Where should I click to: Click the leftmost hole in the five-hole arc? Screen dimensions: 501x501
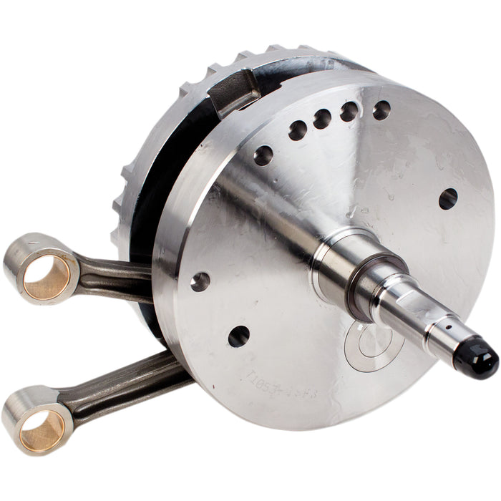263,155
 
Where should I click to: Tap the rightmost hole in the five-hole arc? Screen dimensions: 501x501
381,110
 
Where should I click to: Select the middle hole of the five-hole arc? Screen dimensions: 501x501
321,118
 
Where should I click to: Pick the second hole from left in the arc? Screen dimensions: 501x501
297,130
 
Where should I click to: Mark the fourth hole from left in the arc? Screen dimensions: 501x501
349,111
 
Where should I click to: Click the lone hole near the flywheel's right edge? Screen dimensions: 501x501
448,198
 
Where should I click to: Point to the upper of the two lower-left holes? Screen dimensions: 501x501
200,281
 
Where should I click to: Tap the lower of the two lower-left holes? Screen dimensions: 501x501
238,336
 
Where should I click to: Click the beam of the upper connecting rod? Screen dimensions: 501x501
115,276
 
